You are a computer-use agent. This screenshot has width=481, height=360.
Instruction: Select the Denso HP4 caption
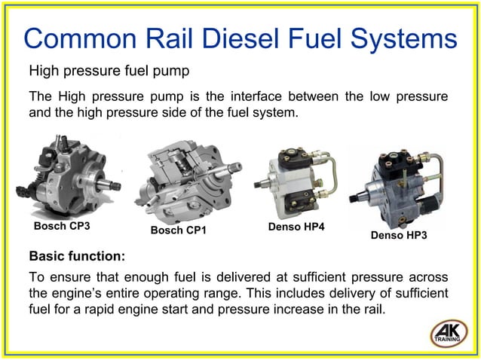[296, 226]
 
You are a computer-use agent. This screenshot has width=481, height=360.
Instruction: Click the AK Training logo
[449, 333]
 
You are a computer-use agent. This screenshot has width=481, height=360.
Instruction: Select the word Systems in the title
[400, 39]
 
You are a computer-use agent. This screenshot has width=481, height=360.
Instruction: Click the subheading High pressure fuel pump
[108, 72]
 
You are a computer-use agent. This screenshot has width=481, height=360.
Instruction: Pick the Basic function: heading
[76, 255]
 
